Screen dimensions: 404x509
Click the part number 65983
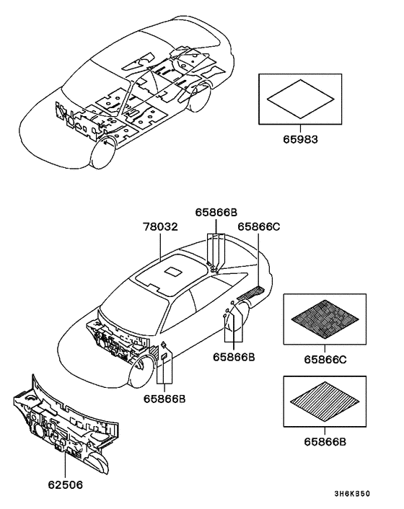(300, 139)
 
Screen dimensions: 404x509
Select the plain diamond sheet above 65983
(300, 99)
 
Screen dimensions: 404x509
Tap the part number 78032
(161, 226)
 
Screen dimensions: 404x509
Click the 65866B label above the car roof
(216, 212)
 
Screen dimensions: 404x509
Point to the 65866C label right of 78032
(258, 226)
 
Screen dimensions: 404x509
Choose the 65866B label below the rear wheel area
(234, 357)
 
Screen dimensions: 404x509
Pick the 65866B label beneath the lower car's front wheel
(164, 399)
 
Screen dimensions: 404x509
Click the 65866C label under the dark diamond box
(325, 360)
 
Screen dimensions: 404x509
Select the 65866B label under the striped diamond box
(325, 442)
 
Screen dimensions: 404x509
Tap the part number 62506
(66, 484)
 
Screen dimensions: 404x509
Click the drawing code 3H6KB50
(352, 494)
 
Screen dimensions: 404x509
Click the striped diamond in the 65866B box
(325, 402)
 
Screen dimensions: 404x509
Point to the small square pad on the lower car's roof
(174, 271)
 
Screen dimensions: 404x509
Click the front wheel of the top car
(103, 154)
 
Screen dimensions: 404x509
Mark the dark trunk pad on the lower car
(251, 293)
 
